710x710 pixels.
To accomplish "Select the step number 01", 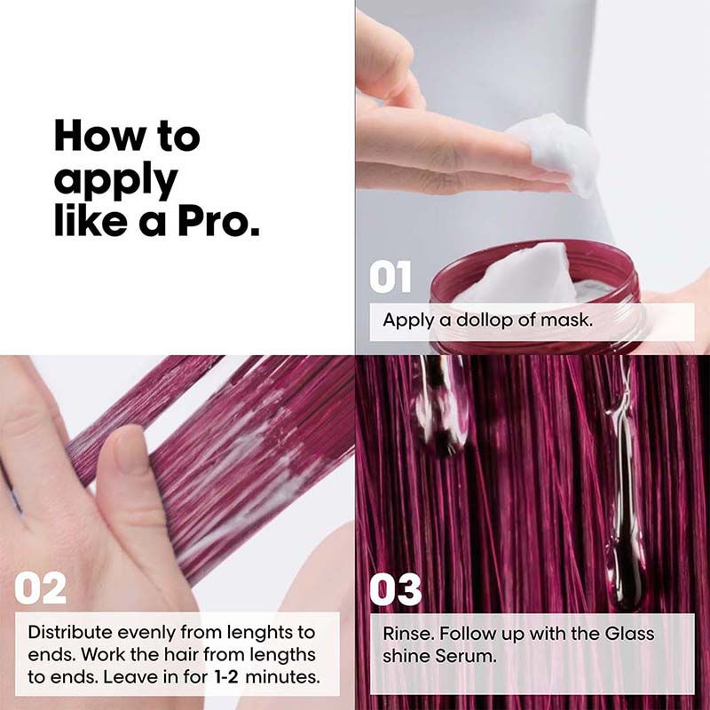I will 390,278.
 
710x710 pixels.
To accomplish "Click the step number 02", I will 40,588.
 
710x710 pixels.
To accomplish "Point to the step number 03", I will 395,588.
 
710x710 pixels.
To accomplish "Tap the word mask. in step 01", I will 566,319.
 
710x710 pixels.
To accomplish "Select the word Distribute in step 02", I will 67,633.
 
